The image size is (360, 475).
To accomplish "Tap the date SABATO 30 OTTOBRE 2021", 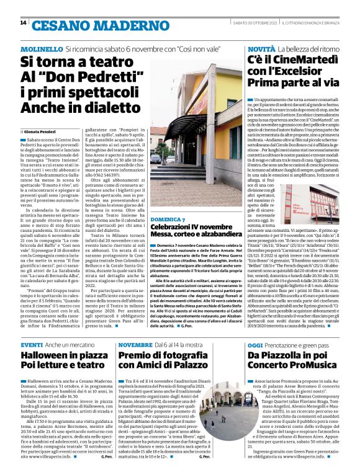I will pos(251,23).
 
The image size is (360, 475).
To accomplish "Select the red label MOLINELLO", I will pos(41,48).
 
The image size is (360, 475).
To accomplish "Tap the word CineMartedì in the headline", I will pos(297,60).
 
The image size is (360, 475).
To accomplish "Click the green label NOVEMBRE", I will pos(135,344).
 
